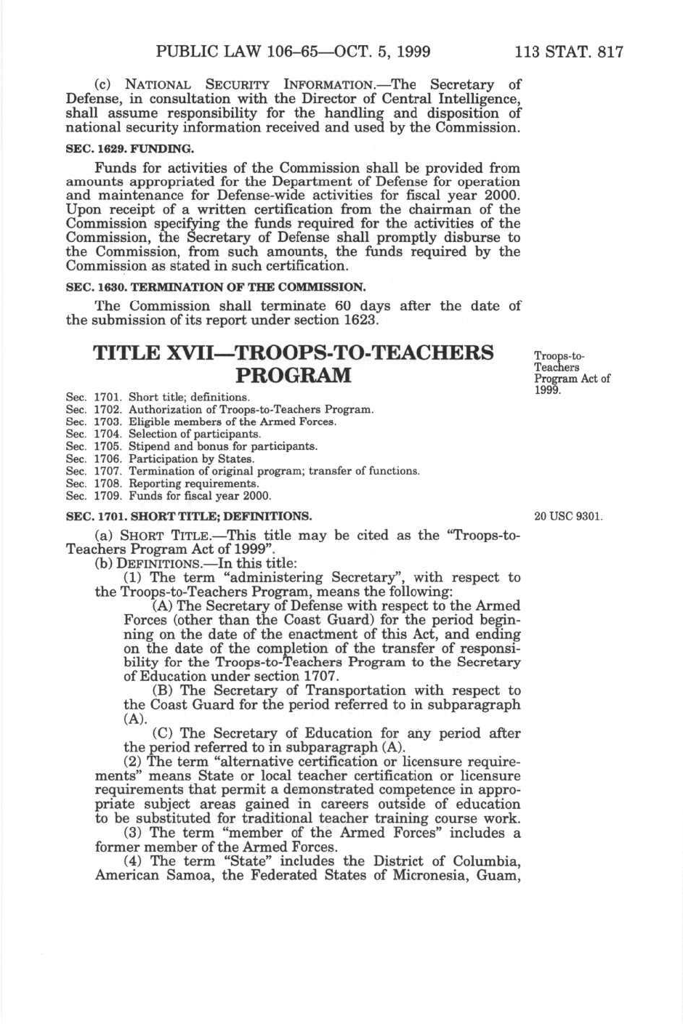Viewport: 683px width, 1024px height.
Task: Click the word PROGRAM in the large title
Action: pyautogui.click(x=294, y=376)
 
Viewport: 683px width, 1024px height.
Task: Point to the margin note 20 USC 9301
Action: pyautogui.click(x=568, y=517)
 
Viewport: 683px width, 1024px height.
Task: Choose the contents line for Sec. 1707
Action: pyautogui.click(x=243, y=471)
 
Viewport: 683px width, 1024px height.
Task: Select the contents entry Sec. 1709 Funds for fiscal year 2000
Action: pyautogui.click(x=169, y=496)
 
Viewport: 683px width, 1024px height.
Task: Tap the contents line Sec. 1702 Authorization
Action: pyautogui.click(x=220, y=409)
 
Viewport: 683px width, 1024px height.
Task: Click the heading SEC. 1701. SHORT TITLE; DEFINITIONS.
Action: pyautogui.click(x=189, y=517)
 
